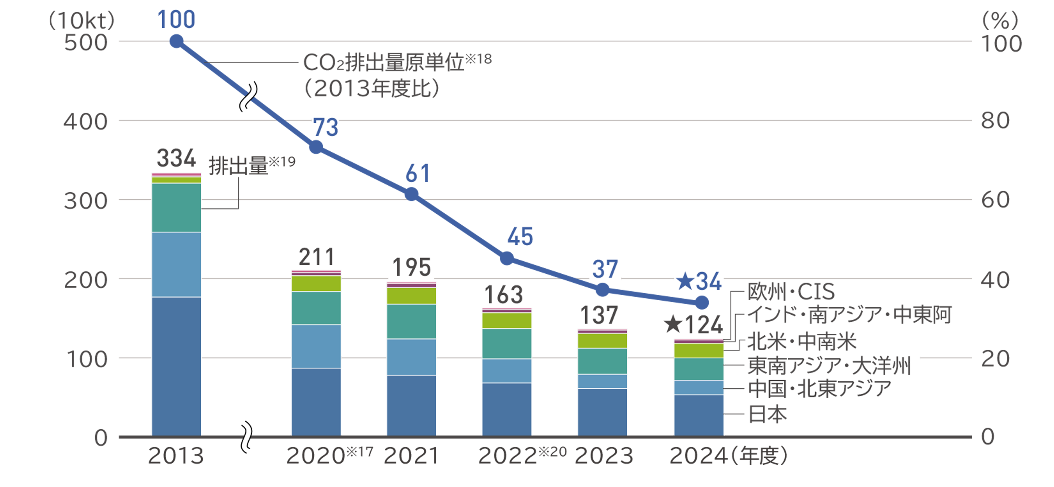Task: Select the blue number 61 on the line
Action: tap(417, 173)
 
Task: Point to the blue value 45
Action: tap(520, 236)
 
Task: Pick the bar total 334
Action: tap(176, 158)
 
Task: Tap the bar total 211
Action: tap(316, 257)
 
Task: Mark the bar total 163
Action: tap(504, 295)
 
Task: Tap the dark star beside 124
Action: tap(673, 325)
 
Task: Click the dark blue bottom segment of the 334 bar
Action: tap(176, 366)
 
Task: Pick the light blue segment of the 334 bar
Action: tap(176, 264)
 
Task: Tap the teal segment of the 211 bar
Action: tap(316, 308)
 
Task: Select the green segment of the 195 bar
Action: tap(412, 296)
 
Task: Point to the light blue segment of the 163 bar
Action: tap(507, 371)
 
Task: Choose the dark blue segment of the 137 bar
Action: tap(602, 412)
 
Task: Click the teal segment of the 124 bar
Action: tap(698, 369)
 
